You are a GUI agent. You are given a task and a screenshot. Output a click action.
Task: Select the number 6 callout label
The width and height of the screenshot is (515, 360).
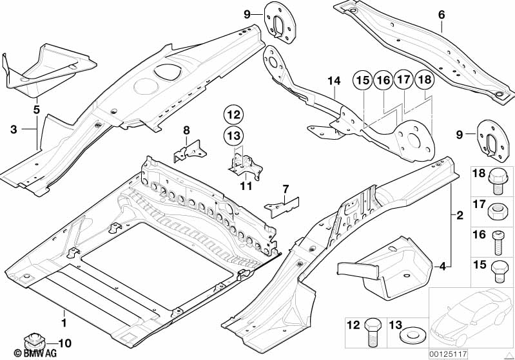(x=441, y=14)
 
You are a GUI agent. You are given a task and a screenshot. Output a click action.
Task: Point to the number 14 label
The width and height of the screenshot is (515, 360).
(x=333, y=81)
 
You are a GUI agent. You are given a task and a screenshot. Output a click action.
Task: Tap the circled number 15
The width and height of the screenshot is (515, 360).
(x=363, y=81)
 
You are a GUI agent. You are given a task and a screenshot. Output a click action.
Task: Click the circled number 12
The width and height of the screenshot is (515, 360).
(x=235, y=115)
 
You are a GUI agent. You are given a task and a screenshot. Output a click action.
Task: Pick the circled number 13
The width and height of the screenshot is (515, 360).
(x=235, y=135)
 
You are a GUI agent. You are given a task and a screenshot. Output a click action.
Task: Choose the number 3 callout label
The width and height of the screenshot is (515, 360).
(x=14, y=130)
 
